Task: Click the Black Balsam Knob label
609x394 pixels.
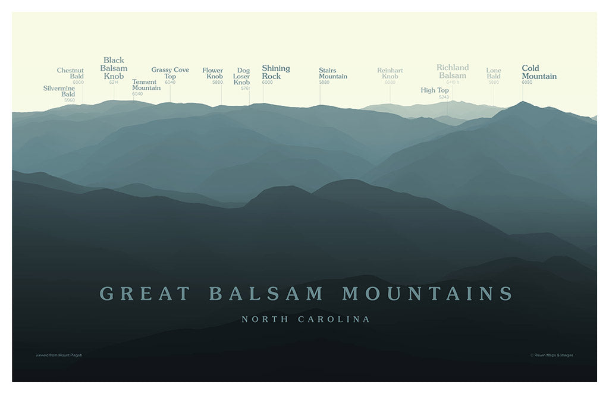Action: [x=114, y=68]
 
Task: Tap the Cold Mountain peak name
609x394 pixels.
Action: [x=539, y=72]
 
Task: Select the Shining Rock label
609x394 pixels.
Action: [x=275, y=72]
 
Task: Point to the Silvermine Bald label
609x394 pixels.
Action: [x=59, y=91]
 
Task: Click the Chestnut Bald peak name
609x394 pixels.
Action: [x=71, y=73]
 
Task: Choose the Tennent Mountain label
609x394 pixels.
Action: [x=146, y=84]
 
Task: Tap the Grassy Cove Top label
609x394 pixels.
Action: [x=170, y=73]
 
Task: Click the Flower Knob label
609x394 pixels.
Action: [x=213, y=73]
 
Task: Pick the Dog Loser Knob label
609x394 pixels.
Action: [x=242, y=76]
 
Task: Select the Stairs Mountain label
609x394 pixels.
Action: [x=332, y=73]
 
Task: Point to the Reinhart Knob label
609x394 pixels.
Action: [x=390, y=73]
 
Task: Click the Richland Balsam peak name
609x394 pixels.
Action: [x=453, y=71]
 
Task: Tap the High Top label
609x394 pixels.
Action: [x=435, y=90]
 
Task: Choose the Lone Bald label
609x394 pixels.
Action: [x=494, y=73]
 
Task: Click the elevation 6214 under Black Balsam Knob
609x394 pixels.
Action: [x=114, y=82]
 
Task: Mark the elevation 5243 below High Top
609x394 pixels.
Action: [x=443, y=97]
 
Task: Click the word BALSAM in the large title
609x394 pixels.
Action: [x=266, y=294]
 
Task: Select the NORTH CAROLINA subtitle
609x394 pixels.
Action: [x=305, y=319]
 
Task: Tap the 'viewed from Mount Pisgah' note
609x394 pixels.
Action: [x=59, y=355]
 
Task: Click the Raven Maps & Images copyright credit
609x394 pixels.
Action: [x=552, y=355]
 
